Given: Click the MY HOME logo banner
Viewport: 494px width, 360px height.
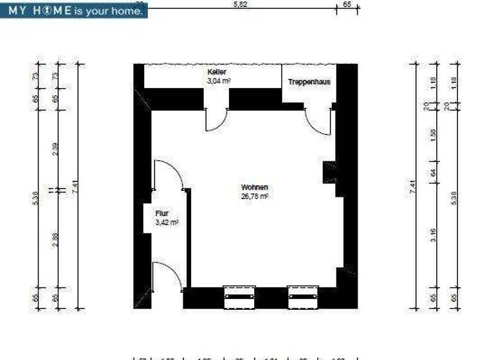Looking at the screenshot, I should [73, 10].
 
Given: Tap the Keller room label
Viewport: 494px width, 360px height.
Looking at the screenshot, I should [217, 73].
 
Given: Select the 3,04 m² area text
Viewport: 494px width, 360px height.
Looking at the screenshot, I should [219, 82].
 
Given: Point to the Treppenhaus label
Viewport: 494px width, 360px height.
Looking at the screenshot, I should [309, 82].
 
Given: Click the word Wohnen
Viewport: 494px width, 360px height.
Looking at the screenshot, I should [254, 188].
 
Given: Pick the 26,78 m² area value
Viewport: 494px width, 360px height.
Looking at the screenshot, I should [254, 197].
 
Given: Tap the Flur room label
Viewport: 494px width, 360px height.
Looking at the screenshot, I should [161, 213].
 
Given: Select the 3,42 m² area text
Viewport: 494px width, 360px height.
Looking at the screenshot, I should [167, 222].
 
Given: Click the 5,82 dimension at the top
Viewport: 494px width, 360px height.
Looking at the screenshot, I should [240, 4].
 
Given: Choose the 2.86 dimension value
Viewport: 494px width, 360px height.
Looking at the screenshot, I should [55, 239].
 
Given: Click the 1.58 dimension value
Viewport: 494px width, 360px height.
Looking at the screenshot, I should [434, 135].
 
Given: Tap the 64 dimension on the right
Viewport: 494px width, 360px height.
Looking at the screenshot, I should [434, 172].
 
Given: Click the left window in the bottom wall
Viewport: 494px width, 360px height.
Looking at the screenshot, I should [239, 297].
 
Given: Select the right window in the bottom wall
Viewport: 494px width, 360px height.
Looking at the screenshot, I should [304, 297].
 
